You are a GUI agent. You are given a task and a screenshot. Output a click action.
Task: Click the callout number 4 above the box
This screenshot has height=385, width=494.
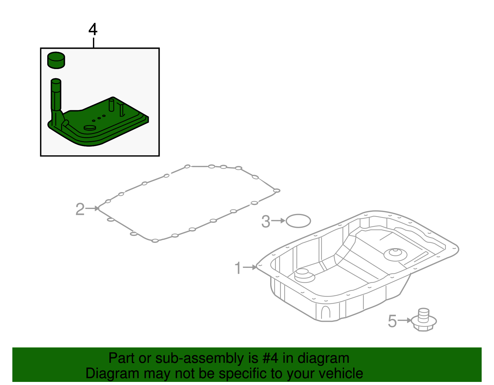click(x=93, y=30)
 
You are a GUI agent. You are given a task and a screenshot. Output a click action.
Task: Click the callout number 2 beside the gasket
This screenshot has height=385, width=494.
click(x=80, y=209)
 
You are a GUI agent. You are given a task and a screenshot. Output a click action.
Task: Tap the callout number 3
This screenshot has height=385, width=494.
click(x=266, y=221)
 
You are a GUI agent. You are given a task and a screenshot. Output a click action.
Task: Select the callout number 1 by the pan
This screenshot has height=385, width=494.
click(x=238, y=268)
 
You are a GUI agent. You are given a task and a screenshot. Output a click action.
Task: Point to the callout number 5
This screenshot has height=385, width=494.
click(x=392, y=321)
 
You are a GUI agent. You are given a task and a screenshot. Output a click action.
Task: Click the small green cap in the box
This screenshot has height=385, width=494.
click(x=56, y=60)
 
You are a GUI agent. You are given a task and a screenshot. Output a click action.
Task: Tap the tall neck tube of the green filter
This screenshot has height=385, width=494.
click(x=56, y=94)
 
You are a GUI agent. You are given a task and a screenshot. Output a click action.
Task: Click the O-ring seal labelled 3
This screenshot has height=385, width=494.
click(x=298, y=221)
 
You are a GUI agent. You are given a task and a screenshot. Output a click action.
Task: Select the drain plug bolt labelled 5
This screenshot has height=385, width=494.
click(x=424, y=321)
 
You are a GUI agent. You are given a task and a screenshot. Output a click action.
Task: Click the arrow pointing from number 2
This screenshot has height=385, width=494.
click(x=92, y=209)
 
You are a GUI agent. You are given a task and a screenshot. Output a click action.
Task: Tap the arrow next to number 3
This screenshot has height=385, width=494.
click(x=278, y=221)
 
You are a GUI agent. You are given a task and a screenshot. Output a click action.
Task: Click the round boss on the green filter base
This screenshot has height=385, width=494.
click(x=90, y=128)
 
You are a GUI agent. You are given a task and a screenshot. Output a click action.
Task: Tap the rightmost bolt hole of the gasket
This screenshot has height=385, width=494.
click(x=277, y=190)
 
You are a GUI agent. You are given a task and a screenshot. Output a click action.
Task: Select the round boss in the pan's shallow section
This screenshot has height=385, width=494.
click(x=395, y=254)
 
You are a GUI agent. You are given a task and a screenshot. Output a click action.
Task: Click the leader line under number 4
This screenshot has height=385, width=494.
click(x=93, y=43)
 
